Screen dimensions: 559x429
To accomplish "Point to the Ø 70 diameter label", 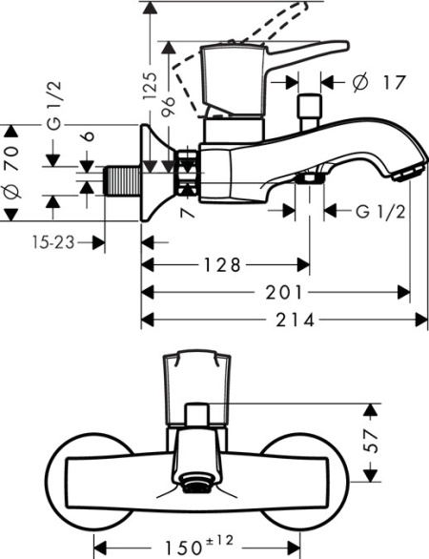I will [12, 173].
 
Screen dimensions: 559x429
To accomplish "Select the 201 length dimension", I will [289, 292].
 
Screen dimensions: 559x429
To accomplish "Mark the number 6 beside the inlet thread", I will [87, 138].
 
